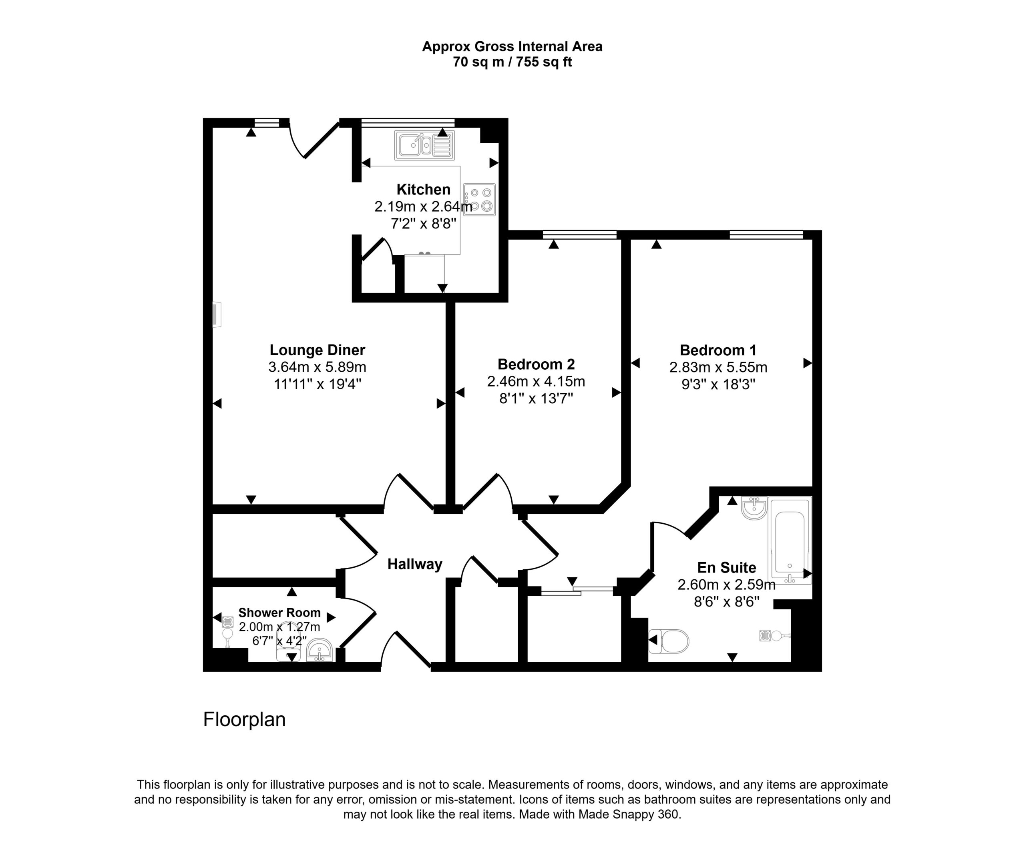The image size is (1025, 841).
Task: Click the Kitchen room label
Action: [423, 189]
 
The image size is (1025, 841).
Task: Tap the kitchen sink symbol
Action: [424, 145]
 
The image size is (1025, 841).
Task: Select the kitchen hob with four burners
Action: [479, 199]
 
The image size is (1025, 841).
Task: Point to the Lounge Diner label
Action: [317, 350]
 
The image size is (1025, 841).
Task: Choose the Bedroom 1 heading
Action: [717, 350]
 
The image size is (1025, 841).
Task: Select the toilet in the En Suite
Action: [669, 641]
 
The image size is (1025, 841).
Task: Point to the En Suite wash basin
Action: [754, 508]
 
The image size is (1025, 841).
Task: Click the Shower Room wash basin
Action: [320, 650]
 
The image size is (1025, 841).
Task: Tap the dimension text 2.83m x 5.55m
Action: [718, 367]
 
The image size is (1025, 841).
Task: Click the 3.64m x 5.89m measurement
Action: [317, 367]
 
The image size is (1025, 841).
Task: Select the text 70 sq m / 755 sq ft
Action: [512, 62]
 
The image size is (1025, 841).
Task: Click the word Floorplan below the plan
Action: [244, 719]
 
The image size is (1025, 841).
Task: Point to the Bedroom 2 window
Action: [579, 234]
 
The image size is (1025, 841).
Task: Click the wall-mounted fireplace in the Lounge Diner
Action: [217, 314]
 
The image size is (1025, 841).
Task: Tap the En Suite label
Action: [726, 567]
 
